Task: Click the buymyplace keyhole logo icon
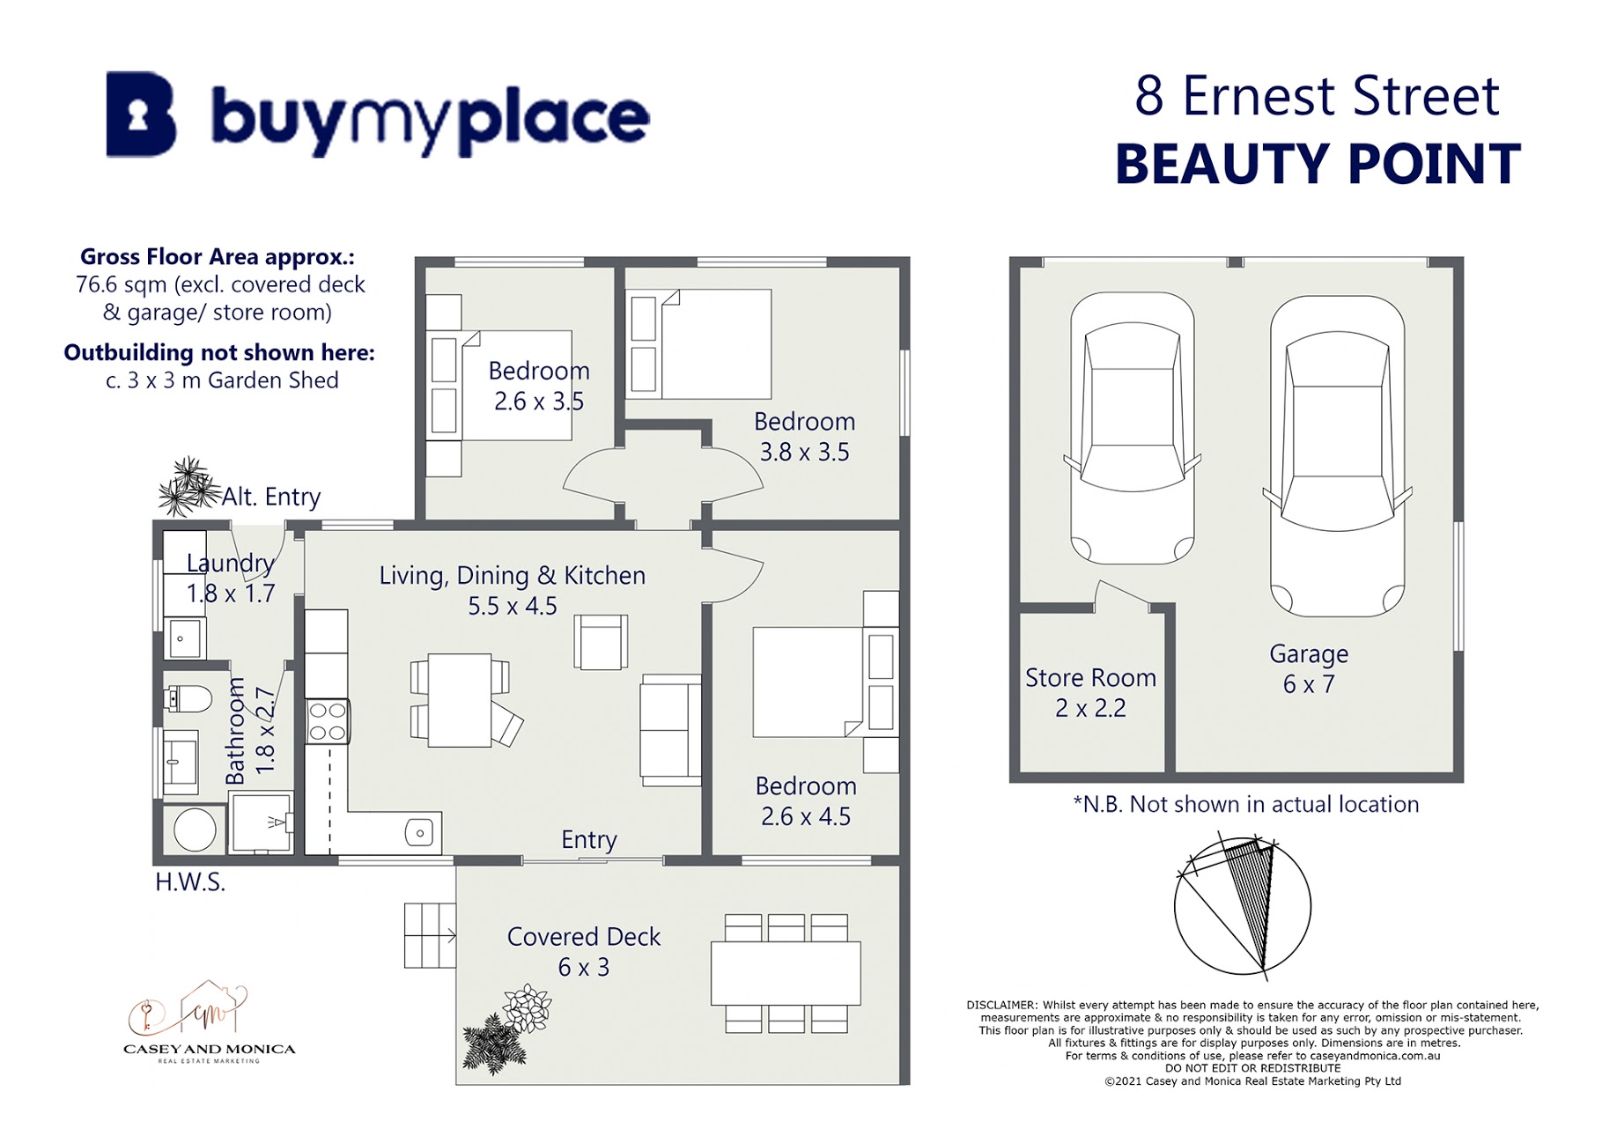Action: click(x=141, y=114)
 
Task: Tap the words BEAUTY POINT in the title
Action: click(x=1318, y=164)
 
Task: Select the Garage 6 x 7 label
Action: click(x=1309, y=668)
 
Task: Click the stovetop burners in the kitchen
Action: click(x=328, y=721)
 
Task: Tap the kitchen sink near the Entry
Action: click(x=419, y=832)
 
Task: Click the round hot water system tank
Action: click(x=195, y=828)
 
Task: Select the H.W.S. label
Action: click(x=190, y=882)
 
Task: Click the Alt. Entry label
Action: click(x=271, y=497)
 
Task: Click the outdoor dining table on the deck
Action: click(x=786, y=973)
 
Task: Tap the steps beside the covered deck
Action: click(x=431, y=935)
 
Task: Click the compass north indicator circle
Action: click(x=1243, y=907)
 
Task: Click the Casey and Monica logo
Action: click(x=210, y=1021)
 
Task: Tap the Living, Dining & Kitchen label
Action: click(x=513, y=576)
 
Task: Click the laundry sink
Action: click(x=185, y=638)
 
